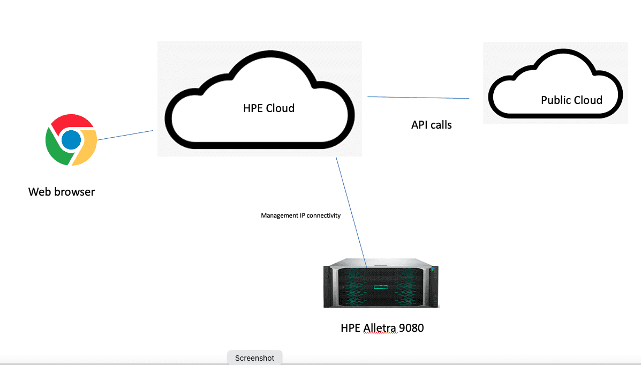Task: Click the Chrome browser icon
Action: pos(71,140)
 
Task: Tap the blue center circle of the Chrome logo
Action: pos(71,140)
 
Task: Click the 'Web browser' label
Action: pos(62,191)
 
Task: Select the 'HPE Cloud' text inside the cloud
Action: pos(269,108)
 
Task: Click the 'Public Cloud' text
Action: pos(571,100)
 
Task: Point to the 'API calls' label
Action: pos(431,125)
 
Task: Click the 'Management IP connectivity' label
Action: pos(300,215)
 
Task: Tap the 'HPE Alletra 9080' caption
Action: pos(382,327)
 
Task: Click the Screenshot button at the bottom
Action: pos(254,358)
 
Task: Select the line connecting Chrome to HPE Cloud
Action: pos(125,135)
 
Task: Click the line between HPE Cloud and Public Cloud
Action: pos(418,98)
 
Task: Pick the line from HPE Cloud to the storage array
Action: pos(351,212)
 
